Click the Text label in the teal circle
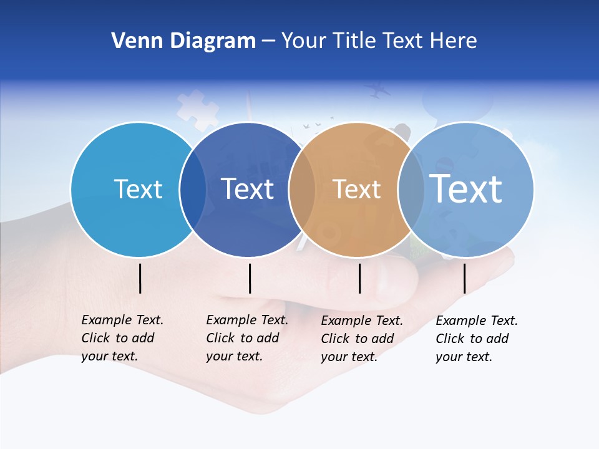click(x=138, y=189)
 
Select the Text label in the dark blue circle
click(x=247, y=189)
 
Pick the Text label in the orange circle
click(x=356, y=189)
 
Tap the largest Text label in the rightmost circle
click(x=466, y=188)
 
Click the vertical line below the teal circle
click(x=140, y=278)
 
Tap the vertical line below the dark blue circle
click(x=250, y=278)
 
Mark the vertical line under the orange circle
click(x=360, y=278)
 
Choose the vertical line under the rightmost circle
click(x=464, y=278)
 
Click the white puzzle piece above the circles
click(x=197, y=110)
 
